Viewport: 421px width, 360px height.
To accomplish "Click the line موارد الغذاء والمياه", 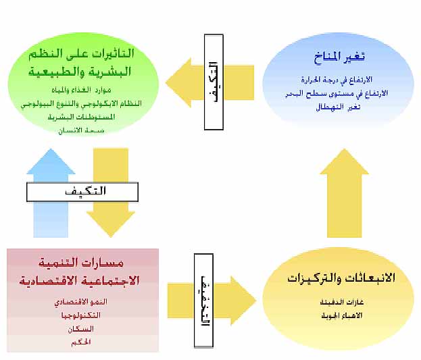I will (83, 91).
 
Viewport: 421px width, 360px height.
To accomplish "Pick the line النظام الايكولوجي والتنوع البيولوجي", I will (83, 103).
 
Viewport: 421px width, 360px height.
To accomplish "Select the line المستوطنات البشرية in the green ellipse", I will (83, 117).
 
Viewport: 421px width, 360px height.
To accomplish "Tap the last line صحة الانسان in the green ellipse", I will (83, 130).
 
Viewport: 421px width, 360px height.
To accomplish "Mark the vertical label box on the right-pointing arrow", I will (203, 290).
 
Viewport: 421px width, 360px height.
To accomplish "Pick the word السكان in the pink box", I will (82, 328).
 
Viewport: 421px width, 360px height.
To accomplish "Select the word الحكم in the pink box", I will (82, 342).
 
